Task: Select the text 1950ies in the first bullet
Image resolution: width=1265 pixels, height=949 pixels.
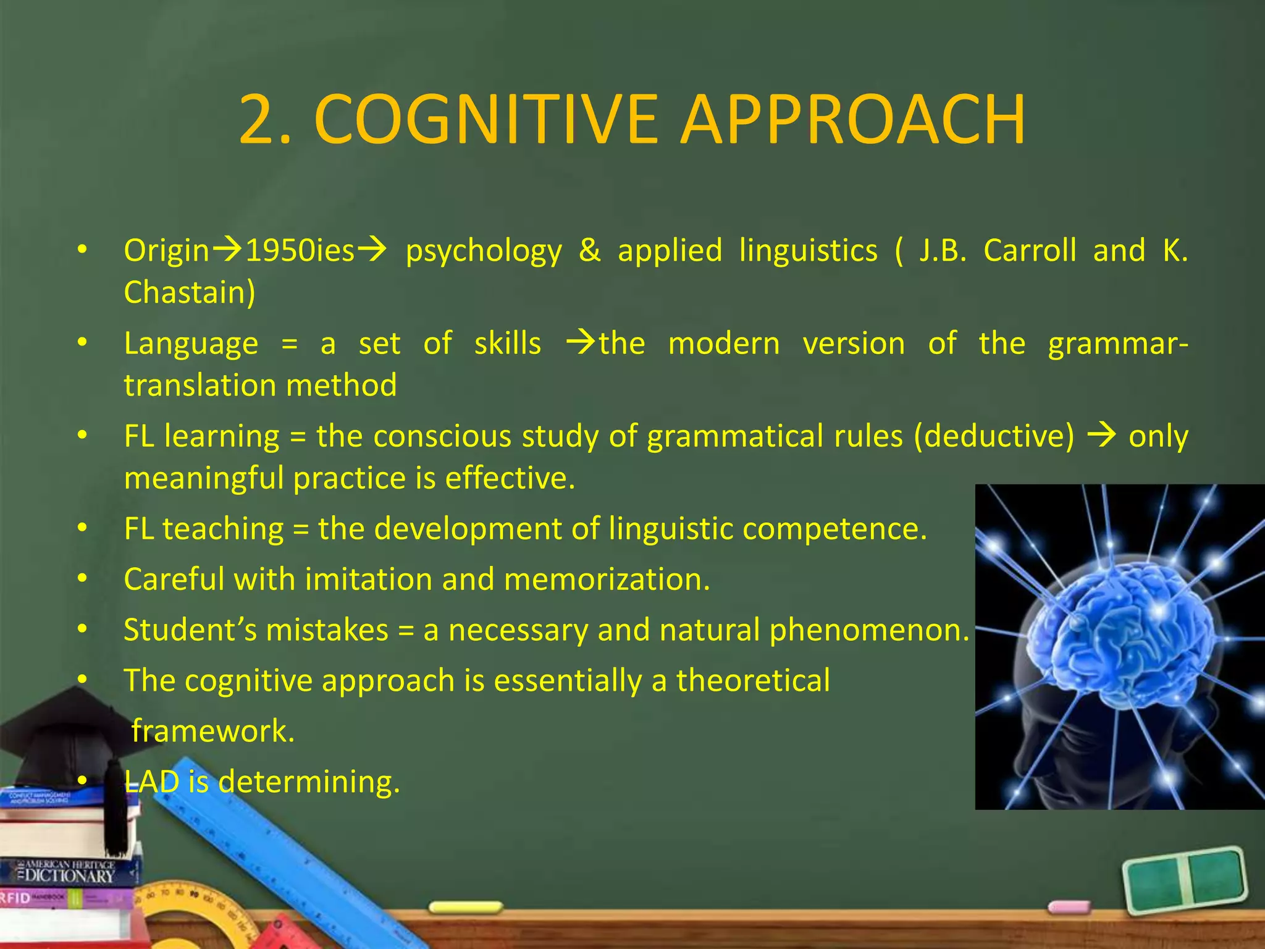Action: click(300, 251)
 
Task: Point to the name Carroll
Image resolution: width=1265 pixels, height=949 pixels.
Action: click(1030, 251)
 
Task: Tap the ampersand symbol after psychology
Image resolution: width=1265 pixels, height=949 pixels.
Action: click(590, 251)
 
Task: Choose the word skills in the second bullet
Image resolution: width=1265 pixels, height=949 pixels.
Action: click(507, 344)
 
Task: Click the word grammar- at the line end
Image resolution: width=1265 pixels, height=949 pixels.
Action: click(1118, 345)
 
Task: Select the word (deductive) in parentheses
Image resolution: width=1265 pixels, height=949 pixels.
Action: click(994, 436)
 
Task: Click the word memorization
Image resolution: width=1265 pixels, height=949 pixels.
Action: click(607, 580)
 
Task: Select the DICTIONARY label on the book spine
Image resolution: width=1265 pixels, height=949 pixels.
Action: click(68, 875)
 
